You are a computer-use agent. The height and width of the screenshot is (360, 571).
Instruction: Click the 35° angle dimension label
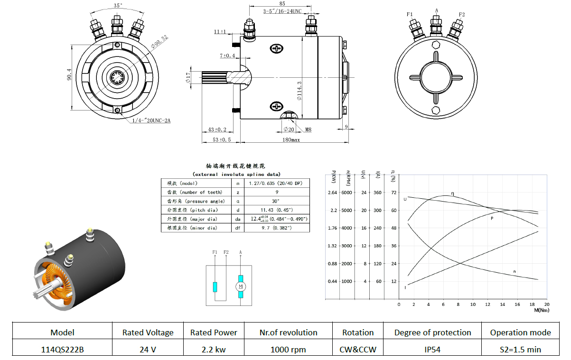coord(118,6)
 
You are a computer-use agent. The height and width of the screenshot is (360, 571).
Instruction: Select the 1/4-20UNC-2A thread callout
coord(151,120)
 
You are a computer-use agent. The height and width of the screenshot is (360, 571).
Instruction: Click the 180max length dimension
coord(291,140)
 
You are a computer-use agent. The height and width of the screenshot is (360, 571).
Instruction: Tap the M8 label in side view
coord(308,129)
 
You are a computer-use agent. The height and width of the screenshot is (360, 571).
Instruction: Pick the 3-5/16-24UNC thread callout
coord(282,11)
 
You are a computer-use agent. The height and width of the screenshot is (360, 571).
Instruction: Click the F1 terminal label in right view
coord(410,14)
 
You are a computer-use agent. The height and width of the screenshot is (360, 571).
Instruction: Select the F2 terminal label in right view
coord(461,14)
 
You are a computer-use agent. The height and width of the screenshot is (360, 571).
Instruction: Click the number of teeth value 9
coord(277,192)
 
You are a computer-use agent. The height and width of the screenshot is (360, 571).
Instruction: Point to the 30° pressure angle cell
coord(277,201)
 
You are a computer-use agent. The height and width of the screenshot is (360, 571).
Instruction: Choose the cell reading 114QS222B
coord(62,349)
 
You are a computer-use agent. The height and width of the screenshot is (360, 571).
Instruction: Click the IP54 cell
coord(432,349)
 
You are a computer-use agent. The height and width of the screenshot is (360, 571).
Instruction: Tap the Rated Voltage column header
coord(148,332)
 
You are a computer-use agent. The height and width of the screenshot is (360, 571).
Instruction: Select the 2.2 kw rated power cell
coord(214,349)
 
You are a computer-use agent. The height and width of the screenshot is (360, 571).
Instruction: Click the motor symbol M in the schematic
coord(241,286)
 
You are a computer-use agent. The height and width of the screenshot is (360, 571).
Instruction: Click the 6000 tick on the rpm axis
coord(347,193)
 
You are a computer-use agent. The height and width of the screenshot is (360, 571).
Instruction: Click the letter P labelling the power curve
coord(492,219)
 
